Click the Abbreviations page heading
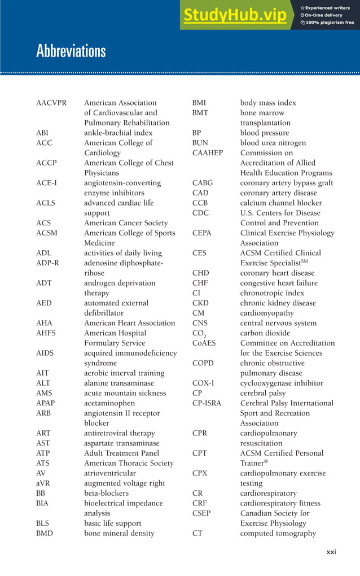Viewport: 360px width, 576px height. [x=71, y=51]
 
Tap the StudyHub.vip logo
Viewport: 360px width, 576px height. [x=234, y=18]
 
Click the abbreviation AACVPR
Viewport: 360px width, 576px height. [x=51, y=103]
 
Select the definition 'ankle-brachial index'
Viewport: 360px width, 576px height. [x=118, y=133]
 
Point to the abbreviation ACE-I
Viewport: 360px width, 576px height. [x=47, y=183]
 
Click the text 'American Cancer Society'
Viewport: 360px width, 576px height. [x=126, y=223]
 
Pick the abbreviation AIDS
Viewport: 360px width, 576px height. [x=46, y=353]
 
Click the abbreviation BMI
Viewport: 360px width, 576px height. [x=199, y=103]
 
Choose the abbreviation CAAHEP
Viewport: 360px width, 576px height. [x=208, y=153]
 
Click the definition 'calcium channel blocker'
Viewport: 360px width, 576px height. [x=280, y=203]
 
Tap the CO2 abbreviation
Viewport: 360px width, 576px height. [x=199, y=334]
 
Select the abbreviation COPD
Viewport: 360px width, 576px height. [x=203, y=363]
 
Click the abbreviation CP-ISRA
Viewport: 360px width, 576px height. [x=207, y=403]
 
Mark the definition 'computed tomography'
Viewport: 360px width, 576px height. [x=278, y=533]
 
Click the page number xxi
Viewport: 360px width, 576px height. [x=331, y=552]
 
